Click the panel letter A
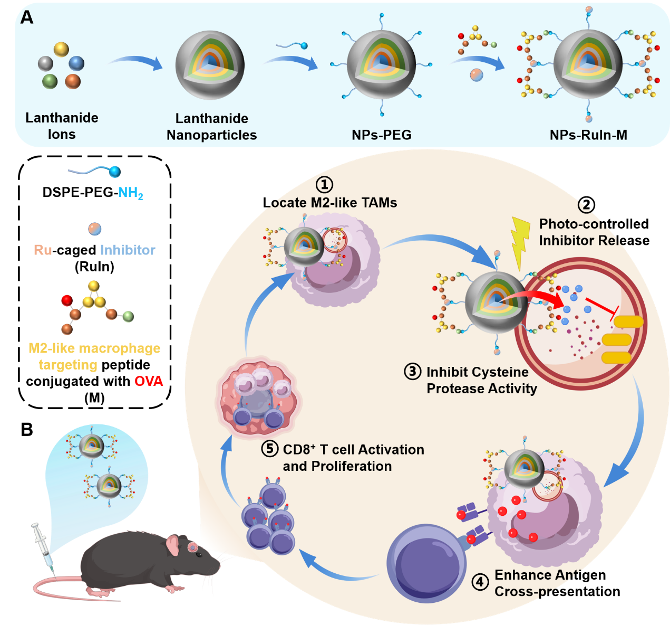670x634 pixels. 26,17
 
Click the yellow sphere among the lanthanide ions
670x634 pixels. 61,49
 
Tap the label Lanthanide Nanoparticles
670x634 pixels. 211,127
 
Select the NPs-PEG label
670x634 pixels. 381,135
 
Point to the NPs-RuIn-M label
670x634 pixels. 588,135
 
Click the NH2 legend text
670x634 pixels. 130,193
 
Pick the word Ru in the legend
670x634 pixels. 43,250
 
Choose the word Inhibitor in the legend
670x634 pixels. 128,250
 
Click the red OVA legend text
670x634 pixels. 149,381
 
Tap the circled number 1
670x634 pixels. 324,185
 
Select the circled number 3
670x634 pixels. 413,372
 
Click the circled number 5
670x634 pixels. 270,449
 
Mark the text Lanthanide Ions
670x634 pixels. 62,126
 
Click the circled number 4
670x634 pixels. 480,582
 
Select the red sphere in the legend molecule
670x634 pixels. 66,300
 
